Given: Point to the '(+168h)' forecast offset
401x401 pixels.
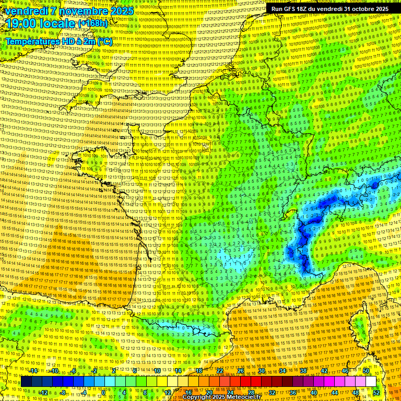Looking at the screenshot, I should pos(92,24).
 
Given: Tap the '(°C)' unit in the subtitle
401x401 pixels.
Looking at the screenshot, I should pos(104,41).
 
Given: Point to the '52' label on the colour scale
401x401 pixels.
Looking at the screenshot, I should pos(376,393).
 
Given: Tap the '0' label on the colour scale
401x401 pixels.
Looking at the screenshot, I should pos(104,393).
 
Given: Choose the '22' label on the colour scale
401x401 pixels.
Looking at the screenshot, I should pos(220,371).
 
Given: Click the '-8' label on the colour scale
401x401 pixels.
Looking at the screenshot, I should pos(62,393).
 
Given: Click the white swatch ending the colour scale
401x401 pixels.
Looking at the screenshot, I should pos(371,382).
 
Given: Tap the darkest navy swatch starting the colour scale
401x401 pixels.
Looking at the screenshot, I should pos(26,382).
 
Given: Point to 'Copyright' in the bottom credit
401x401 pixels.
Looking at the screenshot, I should pos(198,397).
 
